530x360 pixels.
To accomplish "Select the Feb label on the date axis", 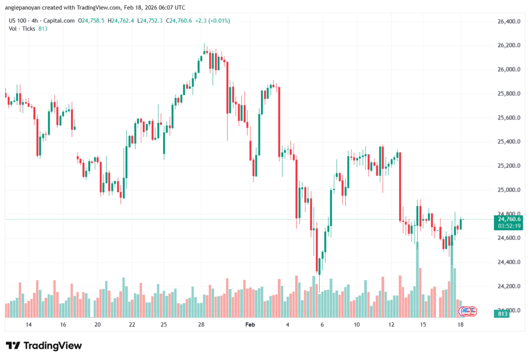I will click(x=251, y=325).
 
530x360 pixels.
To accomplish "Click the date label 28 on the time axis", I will click(x=201, y=325).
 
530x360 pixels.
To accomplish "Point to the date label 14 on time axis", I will click(x=28, y=325).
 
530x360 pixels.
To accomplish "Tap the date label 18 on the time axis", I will click(x=460, y=325).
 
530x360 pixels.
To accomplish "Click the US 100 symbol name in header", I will click(x=19, y=21).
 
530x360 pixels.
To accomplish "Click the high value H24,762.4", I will click(x=121, y=21).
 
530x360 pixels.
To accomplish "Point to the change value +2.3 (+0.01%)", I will click(x=211, y=21).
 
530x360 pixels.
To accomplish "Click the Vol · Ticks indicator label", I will click(x=22, y=29).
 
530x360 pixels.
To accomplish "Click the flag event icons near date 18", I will click(x=468, y=311).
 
